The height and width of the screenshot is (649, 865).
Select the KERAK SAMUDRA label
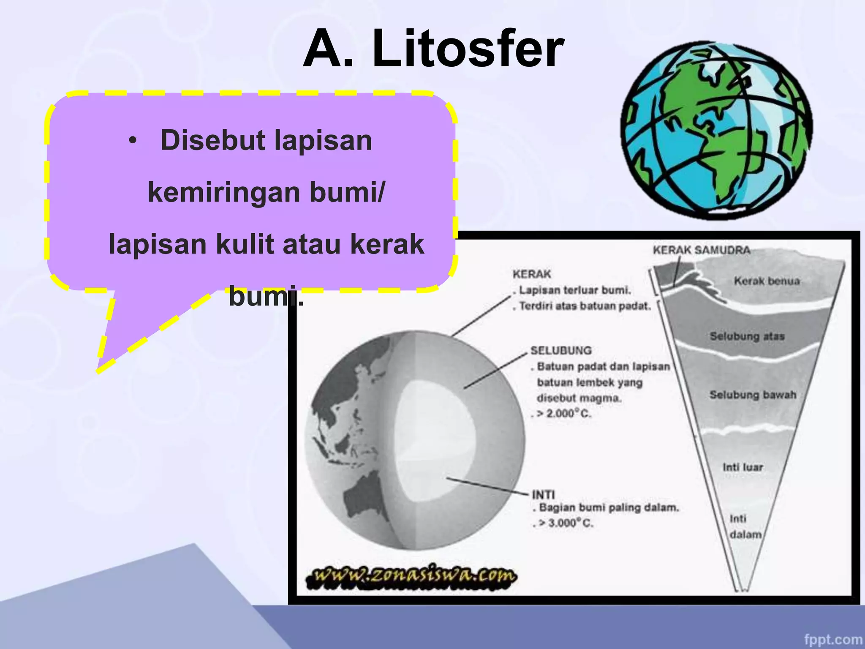[x=701, y=250]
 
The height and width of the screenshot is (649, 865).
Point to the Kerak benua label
[x=767, y=281]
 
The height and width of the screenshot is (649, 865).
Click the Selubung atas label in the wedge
[x=747, y=336]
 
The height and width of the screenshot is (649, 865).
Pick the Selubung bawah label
[x=753, y=395]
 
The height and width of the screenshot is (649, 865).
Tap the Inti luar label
[x=743, y=467]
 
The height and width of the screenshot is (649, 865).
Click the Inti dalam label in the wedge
[x=744, y=526]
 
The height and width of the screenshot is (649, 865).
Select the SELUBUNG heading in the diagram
[x=561, y=350]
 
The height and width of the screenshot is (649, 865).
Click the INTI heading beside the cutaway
[x=543, y=494]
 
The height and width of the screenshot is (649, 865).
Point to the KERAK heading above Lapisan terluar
[x=532, y=274]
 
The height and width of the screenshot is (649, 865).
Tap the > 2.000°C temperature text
[x=564, y=414]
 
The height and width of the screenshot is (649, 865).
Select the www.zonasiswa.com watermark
[x=411, y=575]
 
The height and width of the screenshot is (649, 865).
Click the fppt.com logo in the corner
[x=833, y=639]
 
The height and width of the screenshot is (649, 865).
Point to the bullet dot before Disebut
[x=133, y=141]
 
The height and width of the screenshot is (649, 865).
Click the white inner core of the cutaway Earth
[x=435, y=439]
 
